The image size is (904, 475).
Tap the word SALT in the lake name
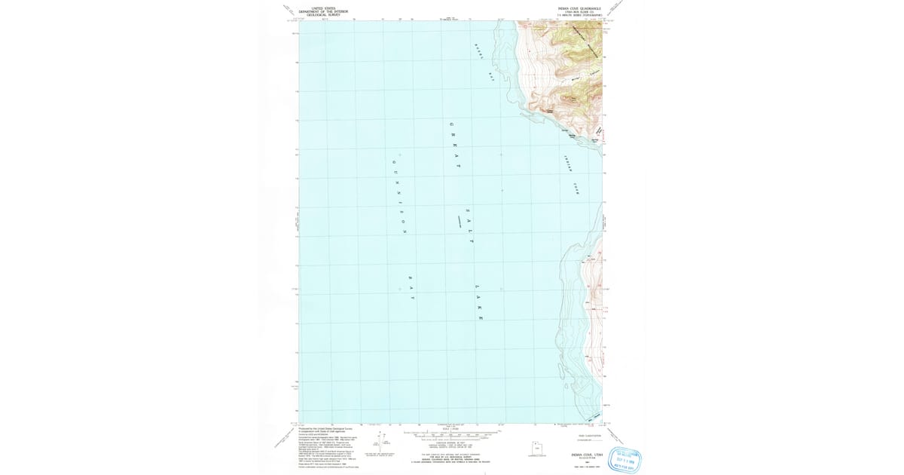click(469, 226)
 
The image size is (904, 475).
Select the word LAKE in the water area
click(478, 302)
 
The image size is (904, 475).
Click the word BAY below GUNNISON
click(411, 288)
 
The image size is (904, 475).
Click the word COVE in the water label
click(577, 188)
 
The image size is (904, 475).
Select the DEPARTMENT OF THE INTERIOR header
click(323, 11)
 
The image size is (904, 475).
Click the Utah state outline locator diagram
click(536, 449)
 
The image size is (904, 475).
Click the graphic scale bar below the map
click(452, 436)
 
